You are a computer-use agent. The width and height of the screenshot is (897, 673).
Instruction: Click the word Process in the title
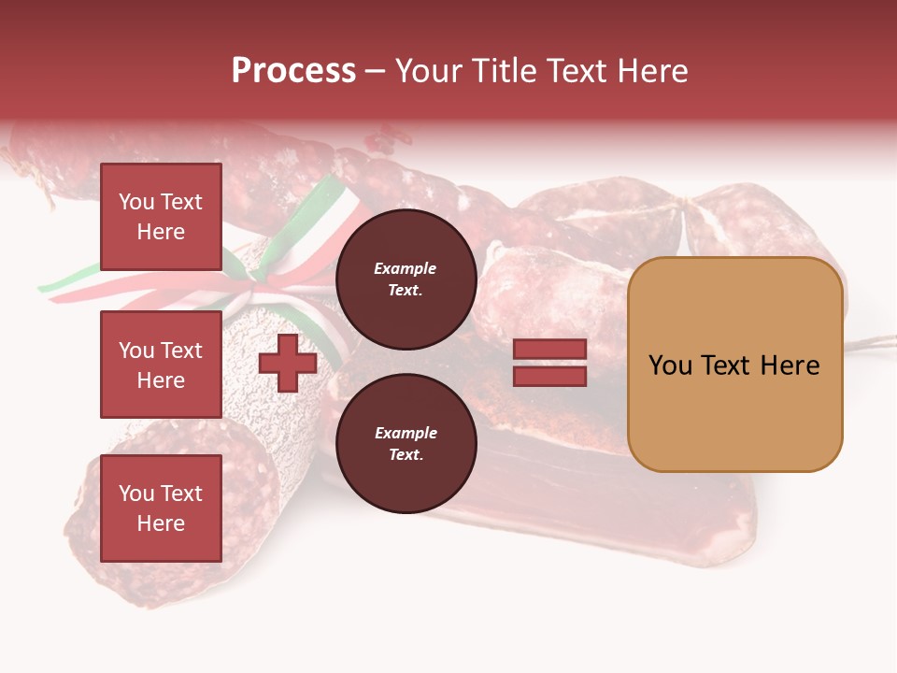click(293, 71)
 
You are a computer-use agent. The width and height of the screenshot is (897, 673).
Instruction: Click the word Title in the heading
click(505, 71)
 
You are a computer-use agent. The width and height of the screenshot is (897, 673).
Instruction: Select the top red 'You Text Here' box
click(161, 217)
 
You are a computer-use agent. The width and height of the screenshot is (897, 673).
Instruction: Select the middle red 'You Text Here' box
click(161, 365)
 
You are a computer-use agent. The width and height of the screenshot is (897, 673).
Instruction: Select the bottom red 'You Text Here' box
click(161, 508)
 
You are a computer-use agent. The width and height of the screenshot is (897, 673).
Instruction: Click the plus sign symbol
click(288, 363)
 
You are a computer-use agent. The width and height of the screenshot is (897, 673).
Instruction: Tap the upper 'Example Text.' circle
click(406, 279)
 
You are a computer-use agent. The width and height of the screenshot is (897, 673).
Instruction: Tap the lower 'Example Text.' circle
click(406, 443)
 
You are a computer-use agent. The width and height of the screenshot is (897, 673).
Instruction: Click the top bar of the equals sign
click(549, 350)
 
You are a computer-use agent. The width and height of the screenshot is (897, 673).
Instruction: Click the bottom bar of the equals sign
click(549, 376)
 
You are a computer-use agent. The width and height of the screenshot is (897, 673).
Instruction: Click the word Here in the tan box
click(790, 365)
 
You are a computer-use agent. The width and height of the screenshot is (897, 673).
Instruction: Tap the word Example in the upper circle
click(406, 268)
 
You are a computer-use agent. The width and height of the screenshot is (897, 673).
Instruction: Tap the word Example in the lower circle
click(406, 433)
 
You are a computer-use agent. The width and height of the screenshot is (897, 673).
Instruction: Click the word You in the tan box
click(671, 365)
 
